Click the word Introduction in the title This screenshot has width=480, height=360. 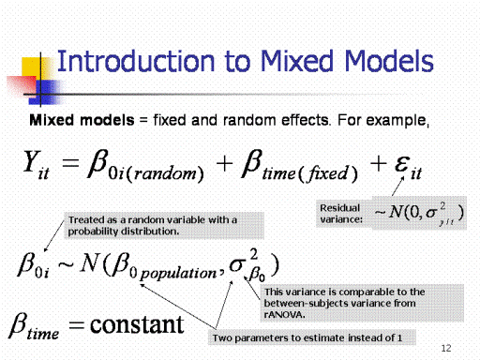pyautogui.click(x=136, y=61)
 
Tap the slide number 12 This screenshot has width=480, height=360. pyautogui.click(x=446, y=348)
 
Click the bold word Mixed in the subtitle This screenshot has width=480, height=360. pyautogui.click(x=52, y=120)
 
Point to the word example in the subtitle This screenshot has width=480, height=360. pyautogui.click(x=397, y=121)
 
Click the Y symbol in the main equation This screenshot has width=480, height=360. pyautogui.click(x=32, y=161)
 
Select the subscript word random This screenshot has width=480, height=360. pyautogui.click(x=164, y=173)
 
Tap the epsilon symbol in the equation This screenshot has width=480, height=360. pyautogui.click(x=402, y=163)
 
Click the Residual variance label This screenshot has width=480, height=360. pyautogui.click(x=341, y=214)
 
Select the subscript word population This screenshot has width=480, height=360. pyautogui.click(x=178, y=274)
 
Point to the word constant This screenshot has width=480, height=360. pyautogui.click(x=137, y=324)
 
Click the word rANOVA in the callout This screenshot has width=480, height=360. pyautogui.click(x=284, y=314)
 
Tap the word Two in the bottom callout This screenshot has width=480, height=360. pyautogui.click(x=222, y=337)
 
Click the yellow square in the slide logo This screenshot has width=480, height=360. pyautogui.click(x=36, y=68)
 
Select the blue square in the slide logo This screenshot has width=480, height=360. pyautogui.click(x=44, y=92)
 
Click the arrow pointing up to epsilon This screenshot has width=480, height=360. pyautogui.click(x=398, y=187)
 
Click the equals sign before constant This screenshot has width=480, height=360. pyautogui.click(x=77, y=325)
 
